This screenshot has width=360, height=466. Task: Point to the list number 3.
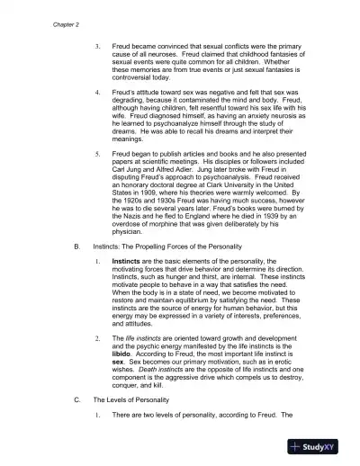pos(97,44)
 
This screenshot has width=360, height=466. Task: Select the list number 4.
pos(97,93)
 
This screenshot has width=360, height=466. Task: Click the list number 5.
pos(97,154)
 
